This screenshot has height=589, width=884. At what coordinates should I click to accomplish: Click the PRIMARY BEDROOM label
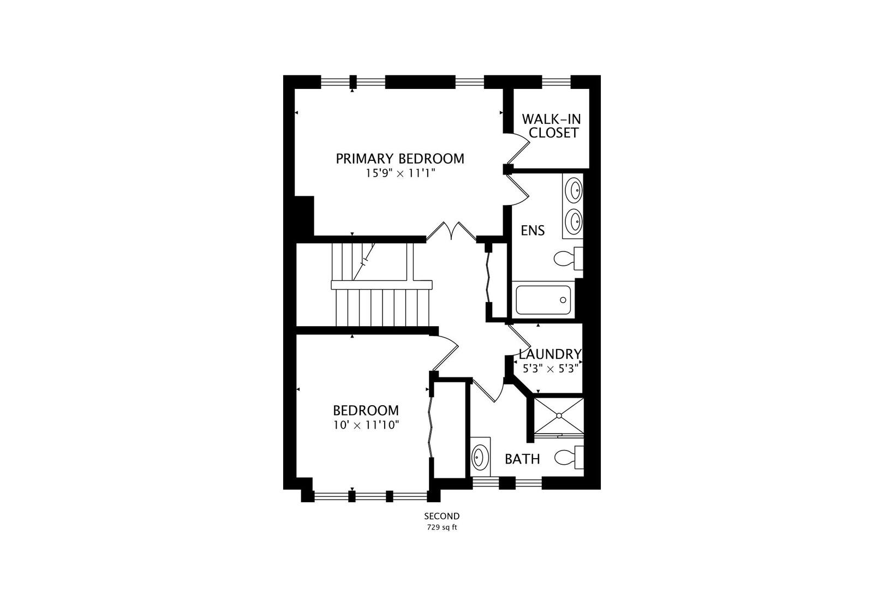click(x=400, y=159)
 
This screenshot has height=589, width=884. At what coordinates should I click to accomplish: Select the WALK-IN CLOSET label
click(x=550, y=126)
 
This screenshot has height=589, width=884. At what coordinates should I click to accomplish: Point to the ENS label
click(x=533, y=231)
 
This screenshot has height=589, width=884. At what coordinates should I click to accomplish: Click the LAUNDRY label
click(x=550, y=354)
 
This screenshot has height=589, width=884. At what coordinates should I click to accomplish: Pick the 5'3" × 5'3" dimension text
click(x=550, y=368)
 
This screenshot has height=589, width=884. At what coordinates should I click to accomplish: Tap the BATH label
click(x=522, y=459)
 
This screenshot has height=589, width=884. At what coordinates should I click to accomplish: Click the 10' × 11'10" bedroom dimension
click(x=366, y=425)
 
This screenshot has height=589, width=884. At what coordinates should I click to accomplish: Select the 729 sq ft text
click(x=442, y=527)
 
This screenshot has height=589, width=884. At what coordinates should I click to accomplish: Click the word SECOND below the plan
click(x=442, y=516)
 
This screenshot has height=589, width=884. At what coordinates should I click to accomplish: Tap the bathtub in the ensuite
click(x=543, y=300)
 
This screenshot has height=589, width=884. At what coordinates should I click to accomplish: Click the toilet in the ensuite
click(x=565, y=258)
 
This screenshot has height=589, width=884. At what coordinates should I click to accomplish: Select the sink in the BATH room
click(x=480, y=456)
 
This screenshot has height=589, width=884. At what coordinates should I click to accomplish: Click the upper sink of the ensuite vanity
click(x=574, y=190)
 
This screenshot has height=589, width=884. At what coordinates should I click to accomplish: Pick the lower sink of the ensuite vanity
click(x=574, y=220)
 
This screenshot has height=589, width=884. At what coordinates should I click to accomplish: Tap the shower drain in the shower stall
click(x=559, y=416)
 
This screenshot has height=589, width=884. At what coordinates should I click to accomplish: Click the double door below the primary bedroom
click(x=451, y=231)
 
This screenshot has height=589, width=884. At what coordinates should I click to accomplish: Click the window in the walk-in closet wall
click(x=556, y=82)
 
